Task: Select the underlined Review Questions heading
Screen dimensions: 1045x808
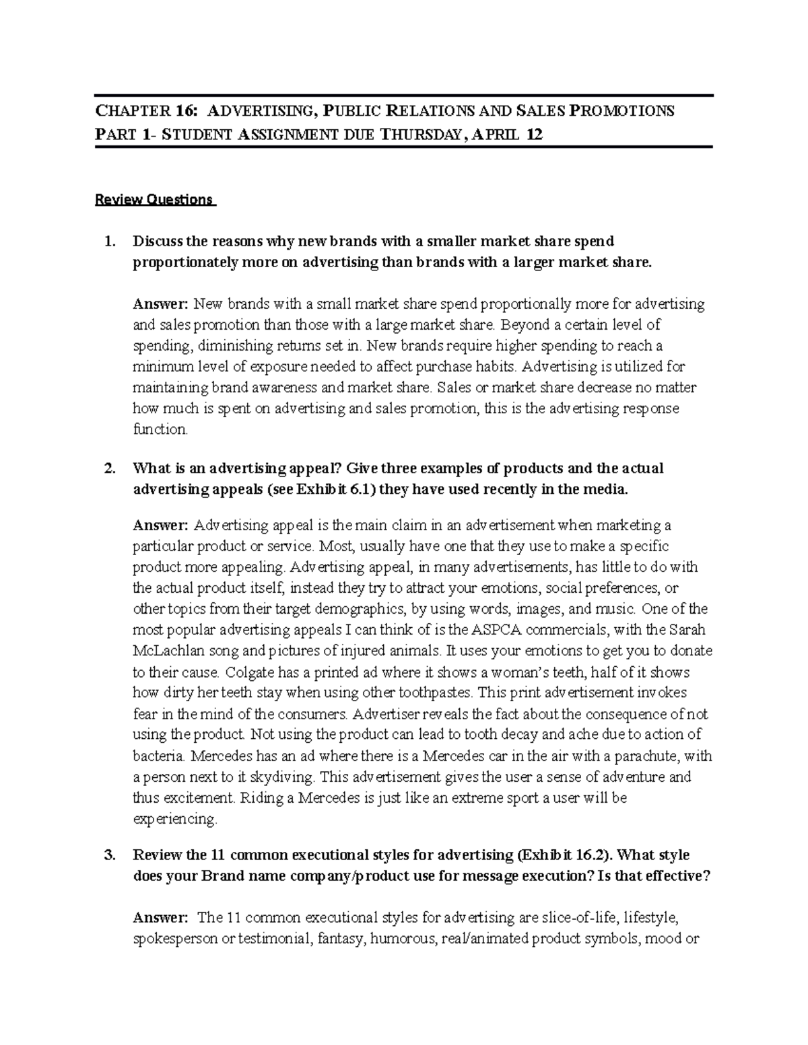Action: coord(154,200)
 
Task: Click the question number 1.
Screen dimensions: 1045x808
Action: coord(110,241)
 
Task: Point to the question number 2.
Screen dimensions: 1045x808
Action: coord(110,468)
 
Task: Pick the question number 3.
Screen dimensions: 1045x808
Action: coord(110,855)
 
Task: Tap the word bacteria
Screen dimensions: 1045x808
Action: coord(160,756)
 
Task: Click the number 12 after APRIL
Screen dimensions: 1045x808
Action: coord(533,135)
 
